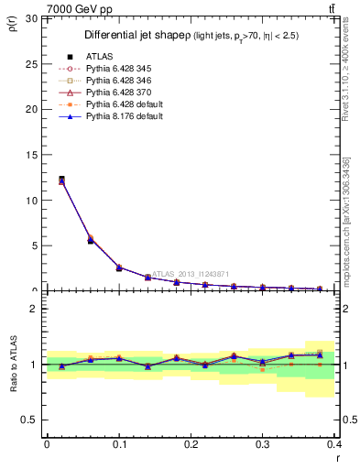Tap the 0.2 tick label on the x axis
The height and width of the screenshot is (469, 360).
click(x=191, y=443)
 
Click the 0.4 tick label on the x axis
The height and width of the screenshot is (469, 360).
click(x=333, y=443)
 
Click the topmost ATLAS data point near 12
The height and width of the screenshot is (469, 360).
click(x=61, y=180)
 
